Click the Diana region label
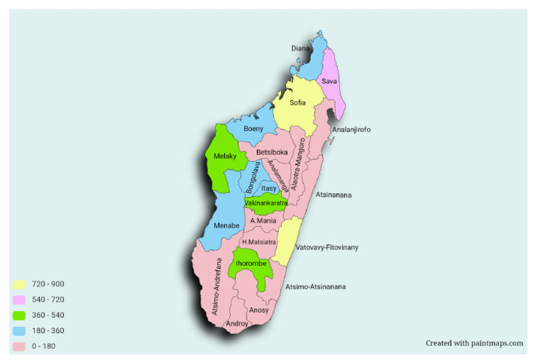[300, 49]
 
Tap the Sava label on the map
[329, 82]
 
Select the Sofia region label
[297, 103]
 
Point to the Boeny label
[253, 128]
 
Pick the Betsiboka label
[271, 152]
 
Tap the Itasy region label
[269, 188]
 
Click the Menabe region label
[227, 225]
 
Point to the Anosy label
[258, 310]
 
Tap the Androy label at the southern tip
[237, 323]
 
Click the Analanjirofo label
[351, 130]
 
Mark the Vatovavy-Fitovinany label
[327, 247]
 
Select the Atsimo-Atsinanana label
[315, 286]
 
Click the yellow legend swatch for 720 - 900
[20, 284]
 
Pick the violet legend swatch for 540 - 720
[20, 300]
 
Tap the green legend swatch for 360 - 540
[20, 315]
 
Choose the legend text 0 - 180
[44, 345]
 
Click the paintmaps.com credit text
[474, 343]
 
